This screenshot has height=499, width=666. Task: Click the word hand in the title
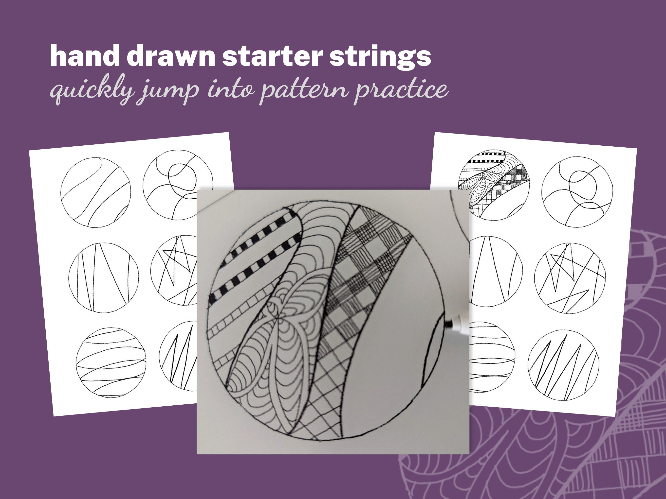85,56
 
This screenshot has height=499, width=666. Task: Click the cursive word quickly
92,90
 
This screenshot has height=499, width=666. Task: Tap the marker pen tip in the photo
449,324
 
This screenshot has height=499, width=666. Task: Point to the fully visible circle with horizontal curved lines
111,362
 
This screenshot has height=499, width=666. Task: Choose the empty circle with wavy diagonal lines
95,192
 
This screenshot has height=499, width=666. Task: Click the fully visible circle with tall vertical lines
104,278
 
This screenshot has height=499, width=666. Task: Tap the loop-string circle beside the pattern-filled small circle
577,192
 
